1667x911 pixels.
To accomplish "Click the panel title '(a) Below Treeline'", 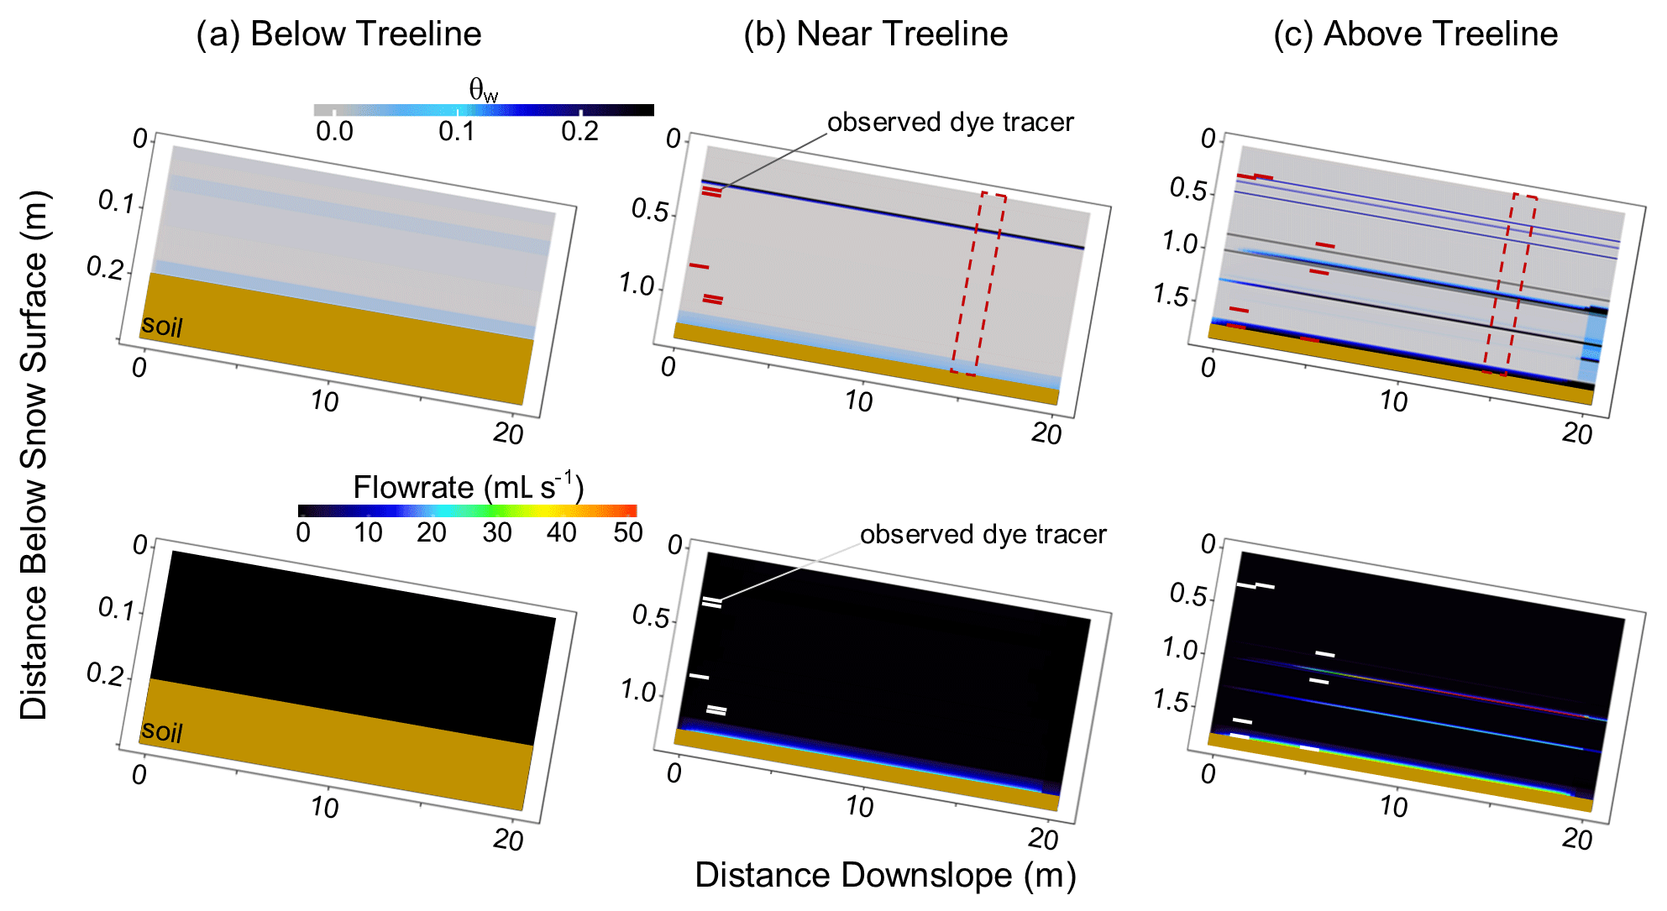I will tap(338, 34).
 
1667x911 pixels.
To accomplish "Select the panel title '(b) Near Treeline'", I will tap(875, 34).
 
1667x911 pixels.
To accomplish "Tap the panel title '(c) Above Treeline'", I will tap(1415, 34).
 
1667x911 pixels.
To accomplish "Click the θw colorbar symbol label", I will tap(483, 89).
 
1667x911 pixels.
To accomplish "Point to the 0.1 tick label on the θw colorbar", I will tap(457, 132).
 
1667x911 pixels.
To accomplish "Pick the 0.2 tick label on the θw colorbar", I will tap(579, 132).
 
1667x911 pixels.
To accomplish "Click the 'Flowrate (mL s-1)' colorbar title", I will tap(468, 487).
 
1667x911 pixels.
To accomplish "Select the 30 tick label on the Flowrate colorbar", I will tap(497, 532).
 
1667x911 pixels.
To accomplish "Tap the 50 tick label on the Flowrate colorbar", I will tap(627, 532).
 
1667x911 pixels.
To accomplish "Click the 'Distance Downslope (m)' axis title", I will tap(885, 875).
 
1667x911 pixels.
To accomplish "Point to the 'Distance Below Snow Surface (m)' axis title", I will tap(34, 456).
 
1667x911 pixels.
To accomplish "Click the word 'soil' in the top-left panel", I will tap(162, 325).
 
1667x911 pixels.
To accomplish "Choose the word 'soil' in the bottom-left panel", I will tap(162, 731).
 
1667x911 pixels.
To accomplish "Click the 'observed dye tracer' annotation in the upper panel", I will tap(950, 123).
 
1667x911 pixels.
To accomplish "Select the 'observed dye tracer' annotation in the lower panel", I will tap(983, 535).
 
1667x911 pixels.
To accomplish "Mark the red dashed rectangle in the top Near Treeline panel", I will tap(978, 285).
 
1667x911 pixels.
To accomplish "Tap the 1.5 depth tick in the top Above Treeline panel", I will tap(1171, 296).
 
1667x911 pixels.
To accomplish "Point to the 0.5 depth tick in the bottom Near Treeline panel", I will tap(651, 618).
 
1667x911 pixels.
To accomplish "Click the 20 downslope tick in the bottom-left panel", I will tap(508, 840).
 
